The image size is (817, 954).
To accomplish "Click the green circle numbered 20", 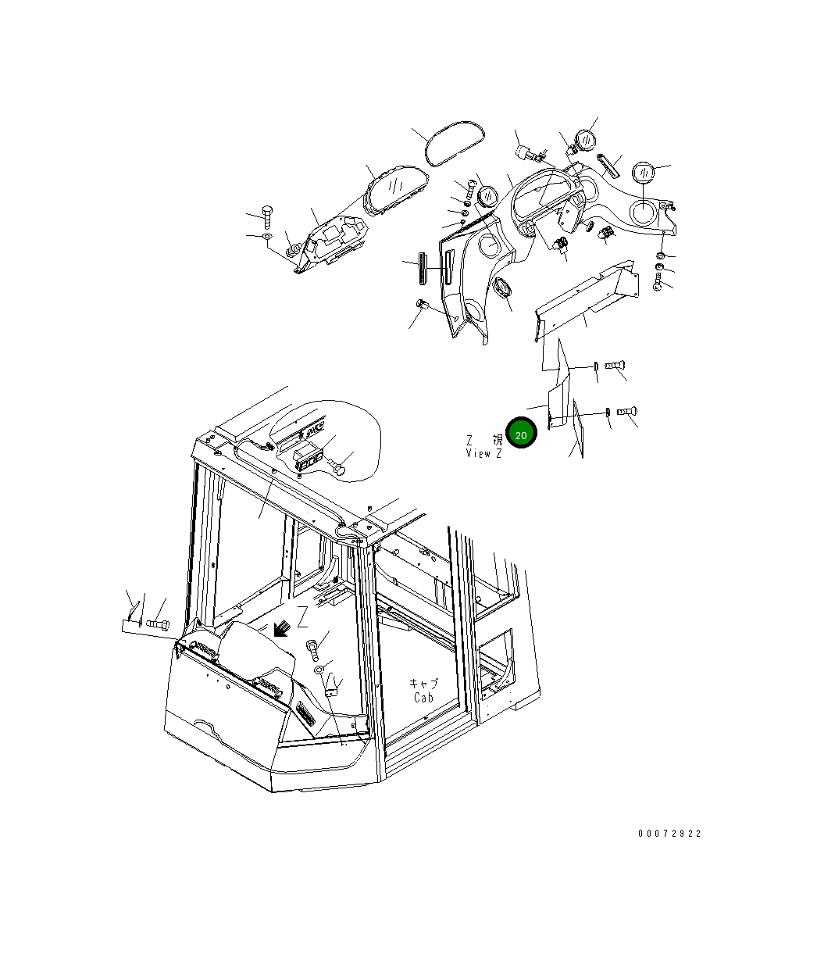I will point(521,434).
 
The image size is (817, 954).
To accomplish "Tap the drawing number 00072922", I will point(669,834).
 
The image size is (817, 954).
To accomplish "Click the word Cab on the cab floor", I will point(423,697).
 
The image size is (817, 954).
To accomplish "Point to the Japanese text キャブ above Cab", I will point(424,683).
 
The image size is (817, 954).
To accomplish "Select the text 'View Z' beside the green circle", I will point(484,453).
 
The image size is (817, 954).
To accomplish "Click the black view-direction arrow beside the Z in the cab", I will point(282,627).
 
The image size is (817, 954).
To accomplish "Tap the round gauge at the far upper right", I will point(643,172).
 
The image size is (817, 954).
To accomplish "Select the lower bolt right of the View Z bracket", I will point(627,410).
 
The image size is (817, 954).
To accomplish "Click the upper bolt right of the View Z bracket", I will point(616,364).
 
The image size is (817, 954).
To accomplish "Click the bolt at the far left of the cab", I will point(158,623).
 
